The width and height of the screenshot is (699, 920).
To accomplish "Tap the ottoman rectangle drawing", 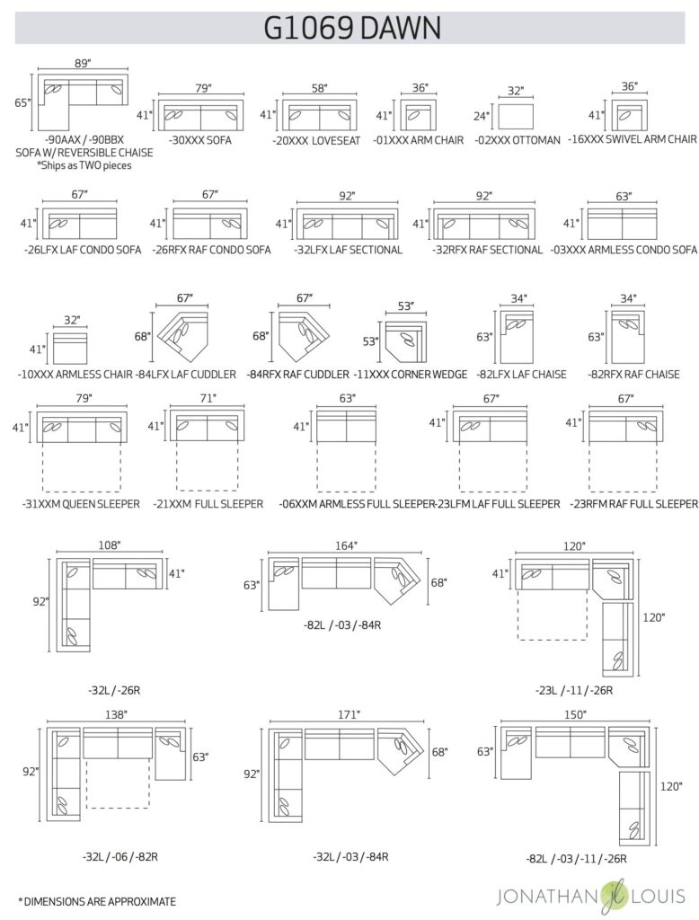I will point(514,116).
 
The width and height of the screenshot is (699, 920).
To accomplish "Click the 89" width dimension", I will point(82,63).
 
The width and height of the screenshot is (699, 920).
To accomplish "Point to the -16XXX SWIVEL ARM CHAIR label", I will point(633,139).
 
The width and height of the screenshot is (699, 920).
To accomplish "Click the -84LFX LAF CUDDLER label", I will point(186,374).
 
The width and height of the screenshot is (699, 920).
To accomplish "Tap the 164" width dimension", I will point(345,545).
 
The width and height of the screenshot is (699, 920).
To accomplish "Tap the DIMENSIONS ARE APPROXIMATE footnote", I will point(97,900).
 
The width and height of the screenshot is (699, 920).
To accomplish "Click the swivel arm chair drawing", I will point(629,116).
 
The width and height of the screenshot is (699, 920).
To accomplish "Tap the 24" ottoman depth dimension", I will point(482,116).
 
